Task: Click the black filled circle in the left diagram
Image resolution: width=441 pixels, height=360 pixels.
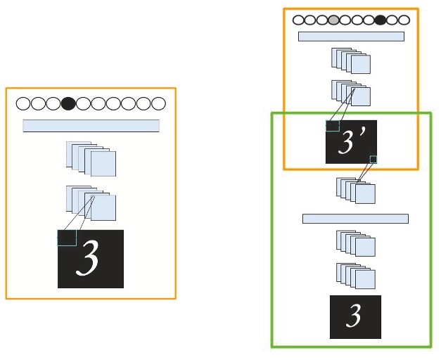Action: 68,104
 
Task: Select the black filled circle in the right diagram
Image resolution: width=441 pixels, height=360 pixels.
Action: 381,20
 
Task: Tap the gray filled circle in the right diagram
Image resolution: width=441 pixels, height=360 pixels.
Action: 333,20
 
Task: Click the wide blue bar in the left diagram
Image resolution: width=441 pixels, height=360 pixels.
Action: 91,126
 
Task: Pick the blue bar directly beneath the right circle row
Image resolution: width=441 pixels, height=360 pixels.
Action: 351,37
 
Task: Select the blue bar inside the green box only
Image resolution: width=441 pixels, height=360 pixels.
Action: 355,219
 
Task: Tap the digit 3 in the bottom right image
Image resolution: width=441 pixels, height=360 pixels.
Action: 354,316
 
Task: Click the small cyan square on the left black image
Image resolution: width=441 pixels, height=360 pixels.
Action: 67,238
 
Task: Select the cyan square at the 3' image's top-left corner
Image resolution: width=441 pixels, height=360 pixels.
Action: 332,126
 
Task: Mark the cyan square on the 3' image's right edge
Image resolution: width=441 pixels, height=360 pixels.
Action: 373,160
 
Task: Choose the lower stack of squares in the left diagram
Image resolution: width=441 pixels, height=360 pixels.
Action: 91,202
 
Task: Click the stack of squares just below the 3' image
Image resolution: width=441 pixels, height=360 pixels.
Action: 356,190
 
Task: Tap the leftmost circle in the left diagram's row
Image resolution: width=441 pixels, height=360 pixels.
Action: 23,104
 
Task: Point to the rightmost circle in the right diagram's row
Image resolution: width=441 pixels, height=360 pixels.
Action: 404,20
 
